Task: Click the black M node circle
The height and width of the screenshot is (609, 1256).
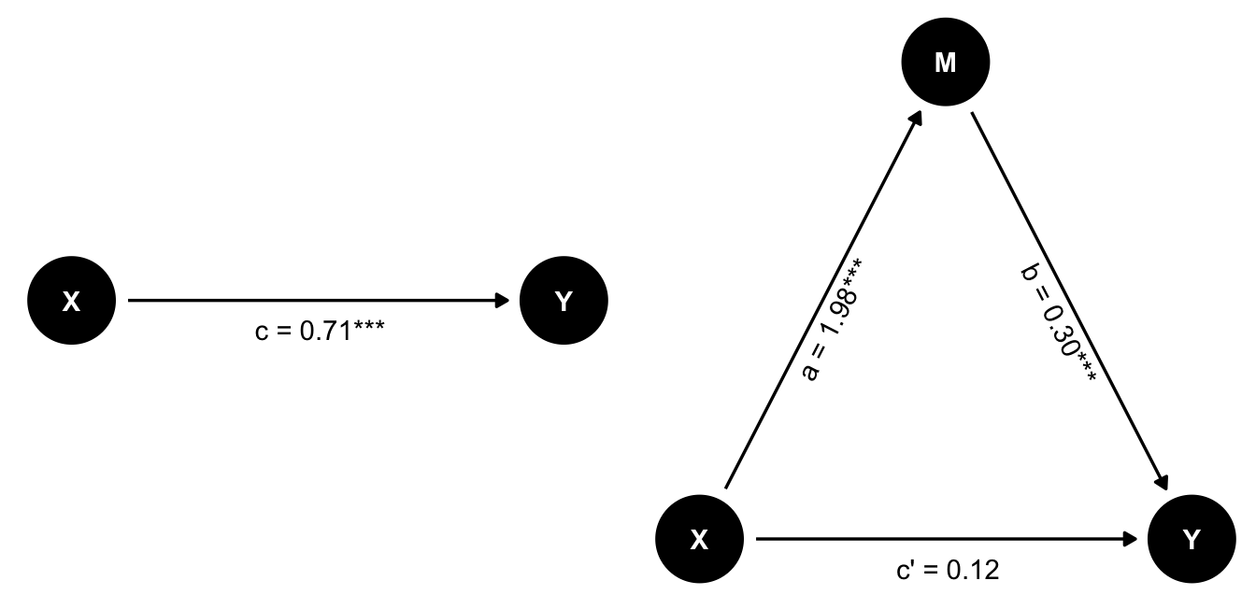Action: pyautogui.click(x=946, y=62)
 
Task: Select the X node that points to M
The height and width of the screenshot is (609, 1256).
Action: pyautogui.click(x=699, y=539)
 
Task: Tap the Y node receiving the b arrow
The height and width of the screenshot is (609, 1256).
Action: pyautogui.click(x=1192, y=539)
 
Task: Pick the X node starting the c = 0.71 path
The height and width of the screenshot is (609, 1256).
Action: pyautogui.click(x=72, y=301)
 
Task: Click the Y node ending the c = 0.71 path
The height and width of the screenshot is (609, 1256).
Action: pyautogui.click(x=564, y=301)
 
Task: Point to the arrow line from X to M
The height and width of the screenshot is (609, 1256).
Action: pyautogui.click(x=823, y=299)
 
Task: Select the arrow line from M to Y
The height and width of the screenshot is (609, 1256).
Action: pyautogui.click(x=1070, y=301)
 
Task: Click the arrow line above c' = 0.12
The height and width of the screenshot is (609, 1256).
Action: pyautogui.click(x=947, y=539)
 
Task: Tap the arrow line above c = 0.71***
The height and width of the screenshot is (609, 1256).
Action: pyautogui.click(x=319, y=301)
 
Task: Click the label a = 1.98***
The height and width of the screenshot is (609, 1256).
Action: pyautogui.click(x=832, y=319)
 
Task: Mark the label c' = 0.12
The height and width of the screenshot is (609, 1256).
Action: pyautogui.click(x=948, y=571)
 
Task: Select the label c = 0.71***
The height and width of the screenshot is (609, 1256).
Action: pyautogui.click(x=320, y=331)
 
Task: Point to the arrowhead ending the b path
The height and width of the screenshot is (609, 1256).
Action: pyautogui.click(x=1162, y=483)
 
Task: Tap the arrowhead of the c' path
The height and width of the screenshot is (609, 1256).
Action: pyautogui.click(x=1131, y=539)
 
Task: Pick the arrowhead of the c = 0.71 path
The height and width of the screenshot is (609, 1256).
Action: pyautogui.click(x=503, y=301)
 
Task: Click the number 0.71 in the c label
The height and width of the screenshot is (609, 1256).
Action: pyautogui.click(x=326, y=331)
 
